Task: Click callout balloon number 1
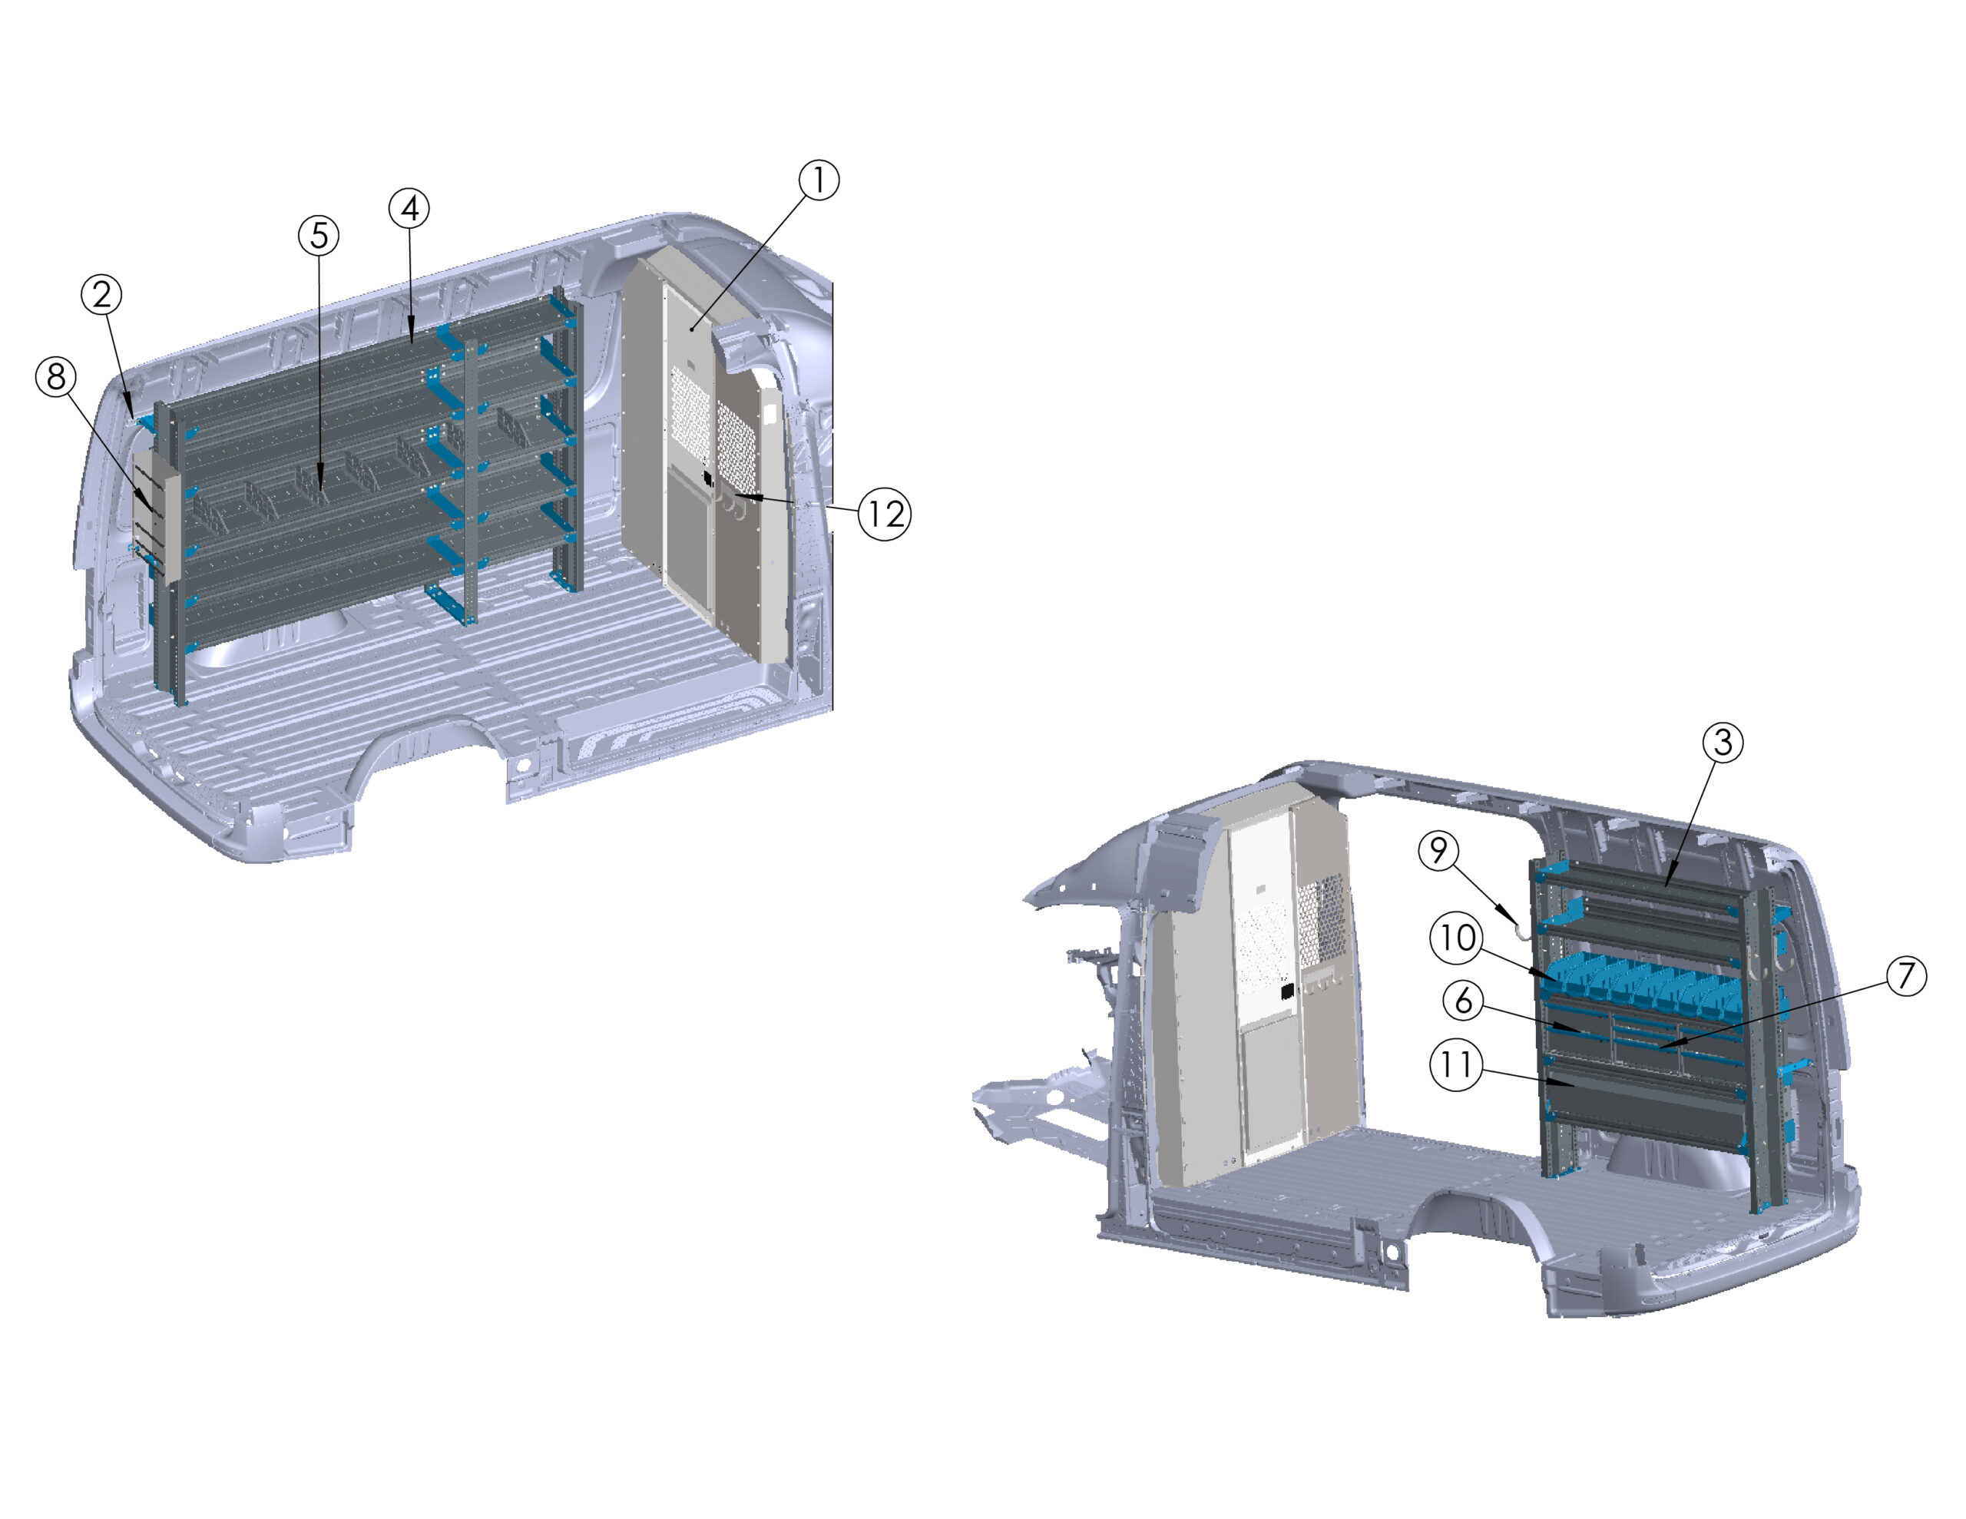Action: (818, 180)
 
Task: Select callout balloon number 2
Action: (101, 294)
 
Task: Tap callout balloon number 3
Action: (1722, 742)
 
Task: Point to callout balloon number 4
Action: (409, 208)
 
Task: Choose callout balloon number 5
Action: (319, 236)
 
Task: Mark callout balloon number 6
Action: (1464, 999)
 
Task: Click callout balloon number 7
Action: (1905, 976)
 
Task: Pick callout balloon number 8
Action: (56, 376)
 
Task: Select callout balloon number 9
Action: (1438, 850)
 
